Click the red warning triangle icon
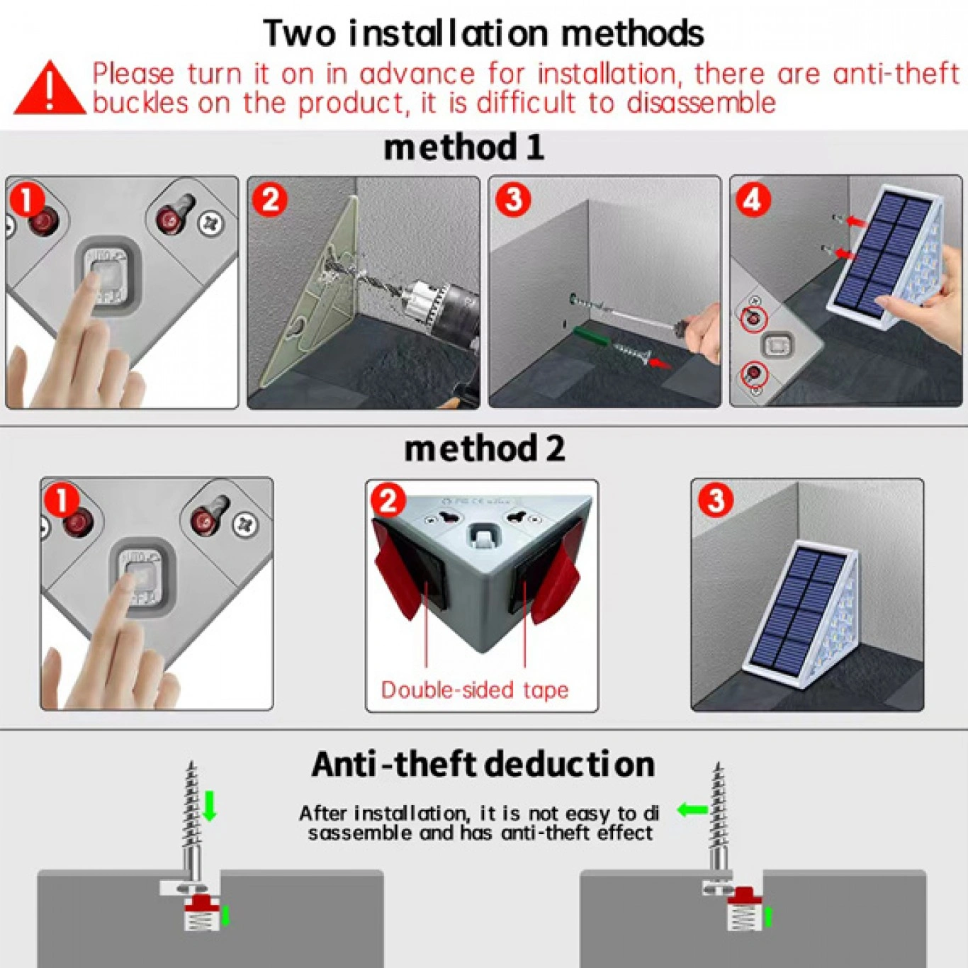49,89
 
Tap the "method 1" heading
463,148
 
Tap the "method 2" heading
484,449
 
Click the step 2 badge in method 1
271,200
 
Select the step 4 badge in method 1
753,201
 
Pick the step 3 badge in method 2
716,500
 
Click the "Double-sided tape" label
475,690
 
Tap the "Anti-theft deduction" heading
483,764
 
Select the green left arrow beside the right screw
693,809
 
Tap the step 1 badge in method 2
61,501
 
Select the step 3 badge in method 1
513,199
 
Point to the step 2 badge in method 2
388,500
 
